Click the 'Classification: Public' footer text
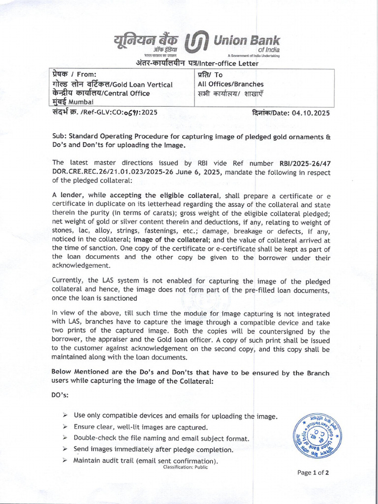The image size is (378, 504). (x=186, y=467)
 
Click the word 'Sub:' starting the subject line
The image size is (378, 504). (x=60, y=136)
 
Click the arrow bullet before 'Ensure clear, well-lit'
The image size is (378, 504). (x=65, y=427)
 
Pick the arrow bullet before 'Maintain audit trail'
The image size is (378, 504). (x=65, y=460)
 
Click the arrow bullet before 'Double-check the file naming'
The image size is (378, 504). (x=65, y=438)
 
